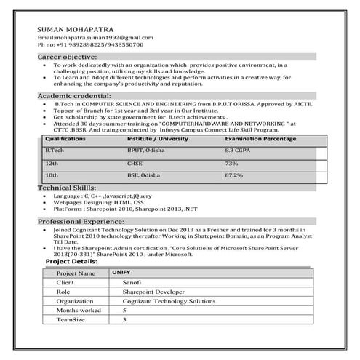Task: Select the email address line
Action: [x=95, y=37]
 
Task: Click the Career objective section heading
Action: [x=67, y=56]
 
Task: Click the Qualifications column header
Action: [x=65, y=137]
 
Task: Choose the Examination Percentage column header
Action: [x=260, y=137]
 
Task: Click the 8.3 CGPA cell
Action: [x=239, y=149]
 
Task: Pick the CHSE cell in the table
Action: [x=135, y=164]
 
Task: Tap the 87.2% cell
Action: [x=234, y=176]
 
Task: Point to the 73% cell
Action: [x=231, y=164]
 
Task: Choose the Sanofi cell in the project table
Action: [x=132, y=281]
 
